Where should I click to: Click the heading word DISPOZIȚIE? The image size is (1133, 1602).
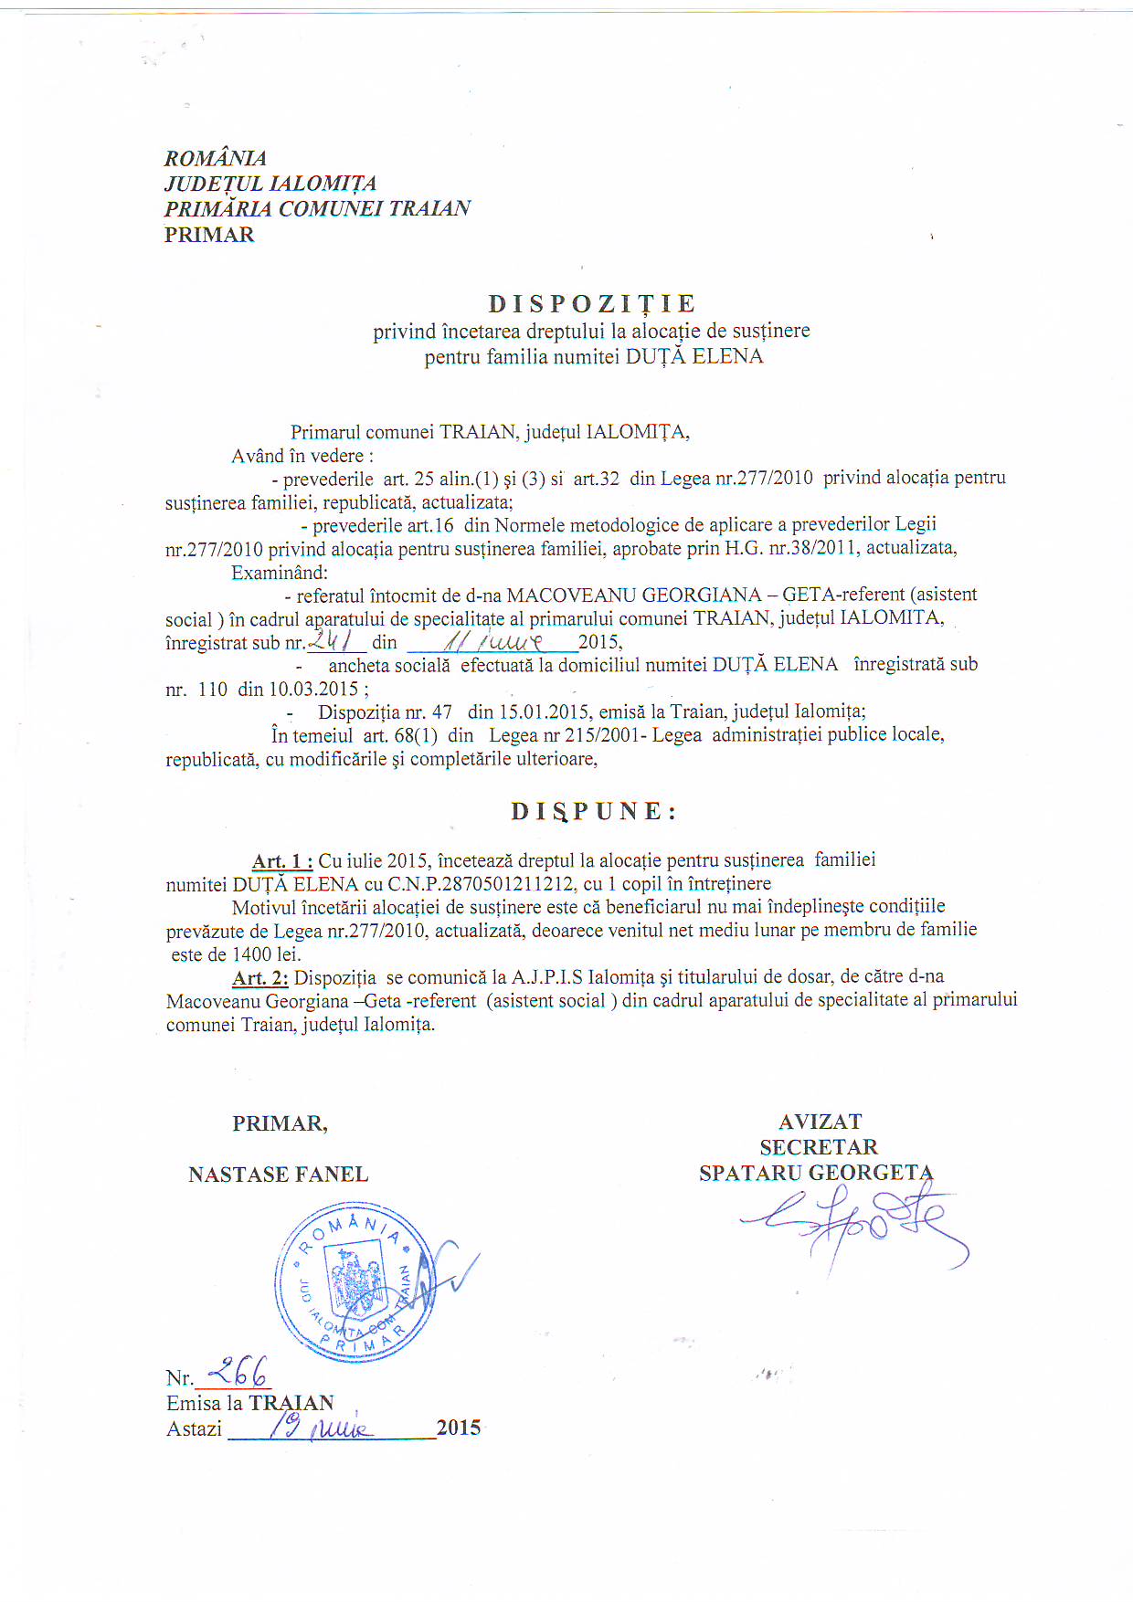pos(592,304)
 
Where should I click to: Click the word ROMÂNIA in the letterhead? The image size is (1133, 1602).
pos(216,158)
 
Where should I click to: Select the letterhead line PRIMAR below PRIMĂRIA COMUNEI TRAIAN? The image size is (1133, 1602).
pos(209,235)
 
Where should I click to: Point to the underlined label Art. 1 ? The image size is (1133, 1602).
pos(282,860)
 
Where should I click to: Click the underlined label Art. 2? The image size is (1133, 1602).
pos(260,978)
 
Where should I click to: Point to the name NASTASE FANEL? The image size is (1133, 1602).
pos(279,1175)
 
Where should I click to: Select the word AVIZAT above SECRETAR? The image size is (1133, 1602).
pos(820,1122)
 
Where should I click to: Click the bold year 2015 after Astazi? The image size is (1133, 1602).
pos(459,1428)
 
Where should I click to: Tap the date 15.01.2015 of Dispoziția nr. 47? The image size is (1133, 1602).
pos(544,711)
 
